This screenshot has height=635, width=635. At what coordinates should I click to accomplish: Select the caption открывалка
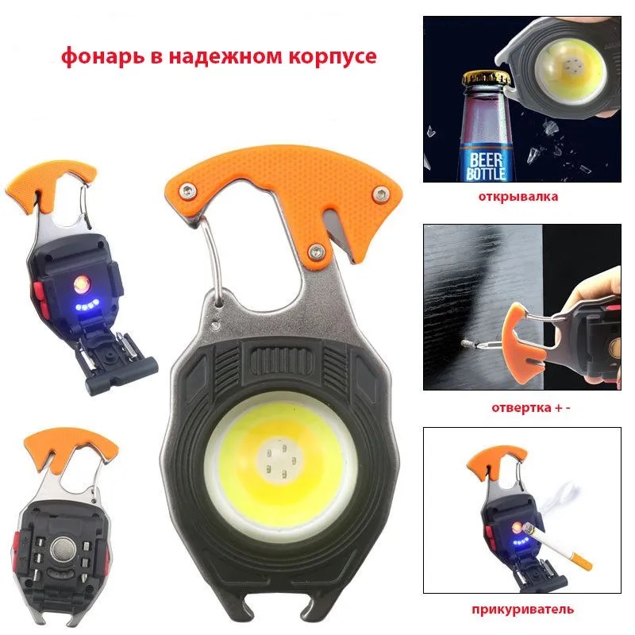[518, 197]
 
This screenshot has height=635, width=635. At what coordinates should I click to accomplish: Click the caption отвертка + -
[531, 407]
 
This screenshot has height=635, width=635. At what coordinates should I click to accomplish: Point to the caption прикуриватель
[522, 609]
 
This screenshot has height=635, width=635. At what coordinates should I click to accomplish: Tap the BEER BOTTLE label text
[487, 167]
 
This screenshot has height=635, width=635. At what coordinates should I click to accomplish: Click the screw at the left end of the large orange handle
[187, 190]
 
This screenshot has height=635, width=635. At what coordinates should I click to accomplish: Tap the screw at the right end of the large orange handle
[380, 194]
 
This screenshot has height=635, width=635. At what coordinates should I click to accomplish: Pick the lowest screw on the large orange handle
[317, 252]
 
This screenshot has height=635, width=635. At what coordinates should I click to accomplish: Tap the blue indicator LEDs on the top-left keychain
[87, 306]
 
